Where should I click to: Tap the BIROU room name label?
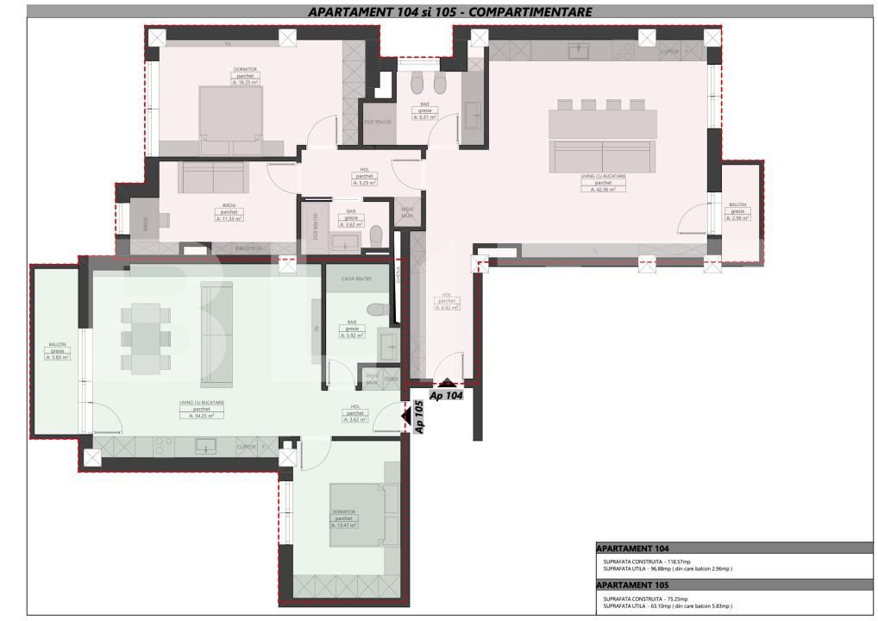[x=229, y=205]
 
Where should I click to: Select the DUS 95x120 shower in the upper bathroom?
[x=378, y=122]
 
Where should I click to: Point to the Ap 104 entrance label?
[x=448, y=395]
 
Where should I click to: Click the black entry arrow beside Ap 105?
[x=406, y=417]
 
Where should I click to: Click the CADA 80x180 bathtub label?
[x=355, y=279]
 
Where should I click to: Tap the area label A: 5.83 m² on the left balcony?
[x=58, y=357]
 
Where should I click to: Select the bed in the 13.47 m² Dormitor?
[x=362, y=514]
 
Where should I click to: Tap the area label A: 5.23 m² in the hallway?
[x=364, y=182]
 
